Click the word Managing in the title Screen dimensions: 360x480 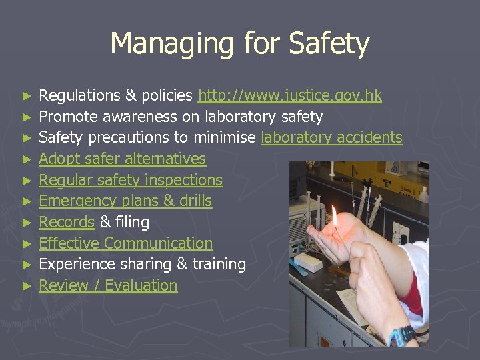171,44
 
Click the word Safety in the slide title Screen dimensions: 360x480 329,44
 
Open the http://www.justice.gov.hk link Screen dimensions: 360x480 290,96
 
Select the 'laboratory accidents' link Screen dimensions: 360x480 331,138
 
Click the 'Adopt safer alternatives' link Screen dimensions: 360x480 122,159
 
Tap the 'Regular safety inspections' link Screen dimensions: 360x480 131,181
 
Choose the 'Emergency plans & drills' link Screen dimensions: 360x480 125,201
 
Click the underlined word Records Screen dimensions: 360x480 67,222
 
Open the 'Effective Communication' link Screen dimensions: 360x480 126,243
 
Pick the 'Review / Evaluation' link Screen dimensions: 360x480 108,285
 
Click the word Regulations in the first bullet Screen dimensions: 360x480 80,96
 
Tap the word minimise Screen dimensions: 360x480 225,138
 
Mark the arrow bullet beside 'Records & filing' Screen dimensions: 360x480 27,223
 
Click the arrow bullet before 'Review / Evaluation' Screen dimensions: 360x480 27,286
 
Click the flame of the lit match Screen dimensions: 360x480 333,215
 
